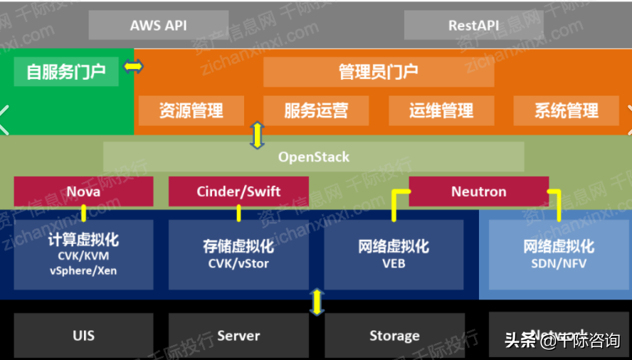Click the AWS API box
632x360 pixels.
pos(158,25)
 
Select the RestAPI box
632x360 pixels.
pos(473,25)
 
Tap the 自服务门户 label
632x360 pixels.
pos(66,71)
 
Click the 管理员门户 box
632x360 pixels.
pos(378,71)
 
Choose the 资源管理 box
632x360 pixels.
pos(191,111)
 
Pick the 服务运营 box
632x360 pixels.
pos(316,111)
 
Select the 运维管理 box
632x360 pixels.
pos(441,111)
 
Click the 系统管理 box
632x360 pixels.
pos(567,111)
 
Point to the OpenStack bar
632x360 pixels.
pos(313,157)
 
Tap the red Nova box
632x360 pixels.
pos(83,191)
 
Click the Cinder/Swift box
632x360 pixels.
pos(238,191)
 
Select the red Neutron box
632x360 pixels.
pos(478,191)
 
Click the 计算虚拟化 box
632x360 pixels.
pos(83,255)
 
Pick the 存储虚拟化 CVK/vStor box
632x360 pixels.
pos(238,255)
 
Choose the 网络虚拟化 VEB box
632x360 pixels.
pos(394,255)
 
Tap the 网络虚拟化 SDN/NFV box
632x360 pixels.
pos(559,255)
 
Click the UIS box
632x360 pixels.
pos(83,335)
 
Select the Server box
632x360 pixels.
pos(238,335)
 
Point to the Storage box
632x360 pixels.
pos(394,335)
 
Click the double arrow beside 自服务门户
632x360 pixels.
pos(133,67)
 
